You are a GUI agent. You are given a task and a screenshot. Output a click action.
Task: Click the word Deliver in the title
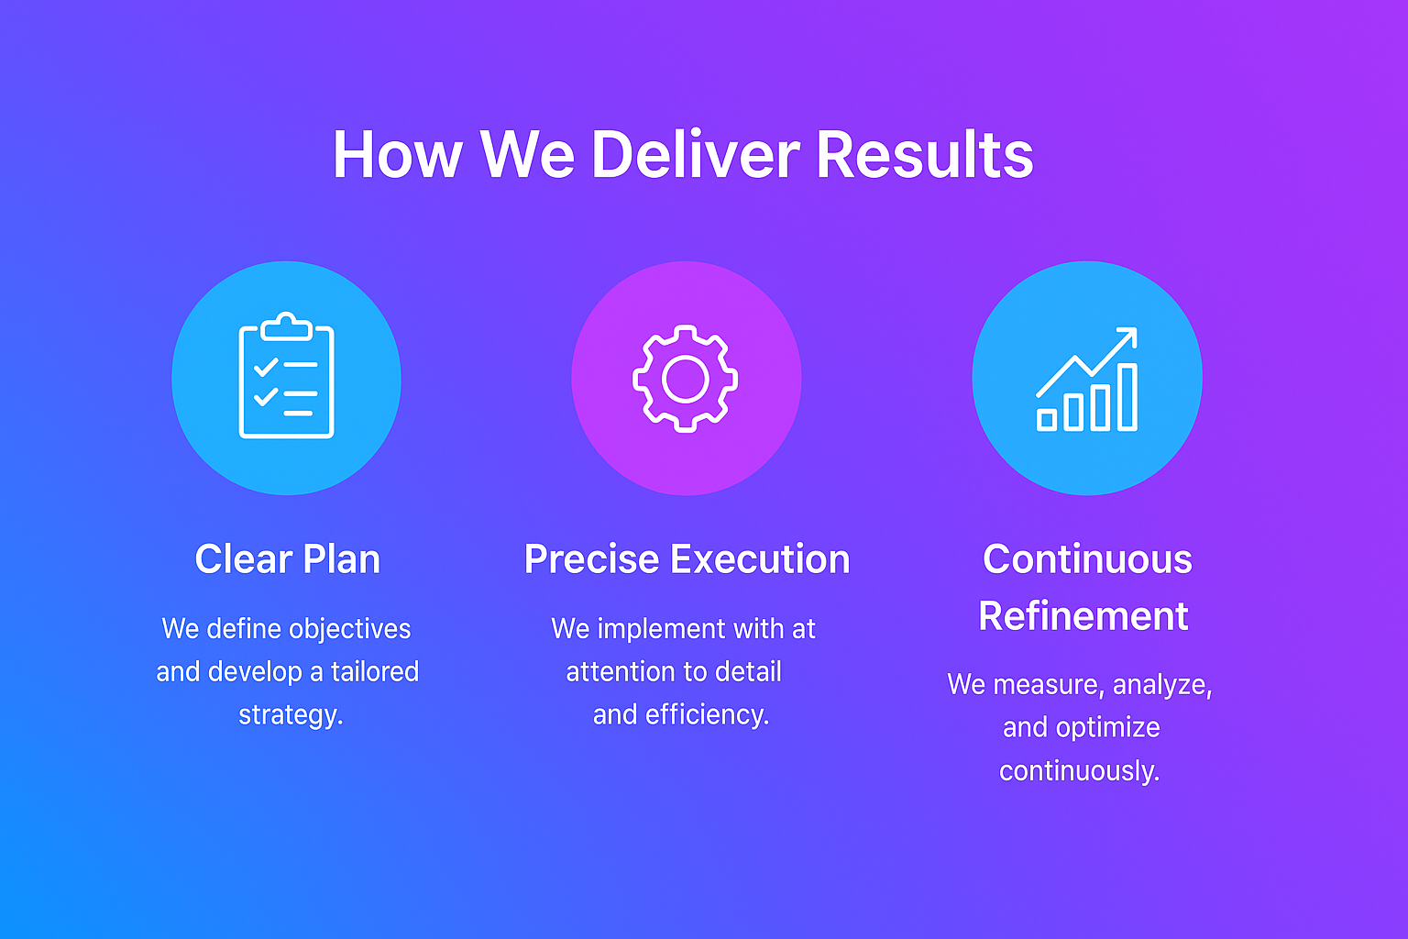pyautogui.click(x=695, y=155)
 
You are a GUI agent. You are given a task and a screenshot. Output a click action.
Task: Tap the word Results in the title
pyautogui.click(x=924, y=155)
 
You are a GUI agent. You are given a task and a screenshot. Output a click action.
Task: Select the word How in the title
pyautogui.click(x=397, y=155)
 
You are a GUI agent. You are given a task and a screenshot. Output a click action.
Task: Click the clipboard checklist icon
pyautogui.click(x=287, y=375)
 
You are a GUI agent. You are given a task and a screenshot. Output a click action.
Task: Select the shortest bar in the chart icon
pyautogui.click(x=1047, y=419)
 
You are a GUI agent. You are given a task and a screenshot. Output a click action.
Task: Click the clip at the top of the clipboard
pyautogui.click(x=287, y=326)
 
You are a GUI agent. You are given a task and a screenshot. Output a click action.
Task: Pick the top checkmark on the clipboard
pyautogui.click(x=266, y=366)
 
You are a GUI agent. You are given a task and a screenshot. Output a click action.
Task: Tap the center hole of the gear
pyautogui.click(x=685, y=379)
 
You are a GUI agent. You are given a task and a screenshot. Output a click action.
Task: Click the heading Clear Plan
pyautogui.click(x=288, y=558)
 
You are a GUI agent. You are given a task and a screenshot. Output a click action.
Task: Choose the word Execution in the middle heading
pyautogui.click(x=760, y=558)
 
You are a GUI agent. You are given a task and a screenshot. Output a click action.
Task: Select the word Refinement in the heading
pyautogui.click(x=1083, y=615)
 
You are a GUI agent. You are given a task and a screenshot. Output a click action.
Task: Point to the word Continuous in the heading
pyautogui.click(x=1087, y=558)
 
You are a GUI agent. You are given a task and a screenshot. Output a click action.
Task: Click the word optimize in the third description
pyautogui.click(x=1107, y=728)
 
